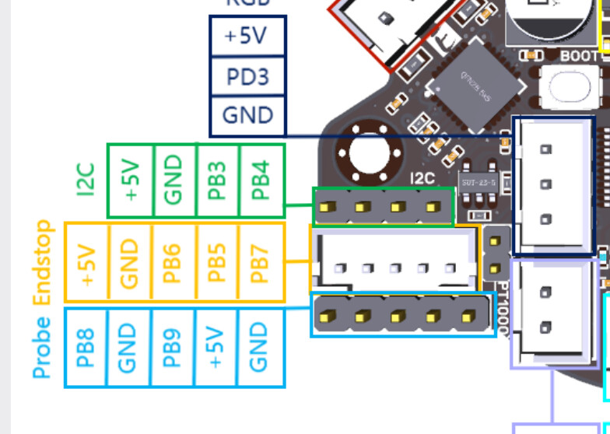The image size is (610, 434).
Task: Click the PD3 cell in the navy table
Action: (x=247, y=76)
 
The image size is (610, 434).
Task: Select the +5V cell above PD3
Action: (x=247, y=37)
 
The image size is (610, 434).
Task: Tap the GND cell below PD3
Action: (x=247, y=115)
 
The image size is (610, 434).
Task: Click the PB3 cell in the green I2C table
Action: (x=219, y=180)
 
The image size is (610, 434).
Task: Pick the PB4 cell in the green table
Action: (x=262, y=180)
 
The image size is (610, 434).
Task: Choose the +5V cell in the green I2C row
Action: (x=130, y=180)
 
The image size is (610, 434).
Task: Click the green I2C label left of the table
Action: (x=87, y=179)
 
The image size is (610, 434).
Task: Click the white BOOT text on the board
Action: (x=580, y=56)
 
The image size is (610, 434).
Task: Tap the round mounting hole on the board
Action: (x=376, y=151)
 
